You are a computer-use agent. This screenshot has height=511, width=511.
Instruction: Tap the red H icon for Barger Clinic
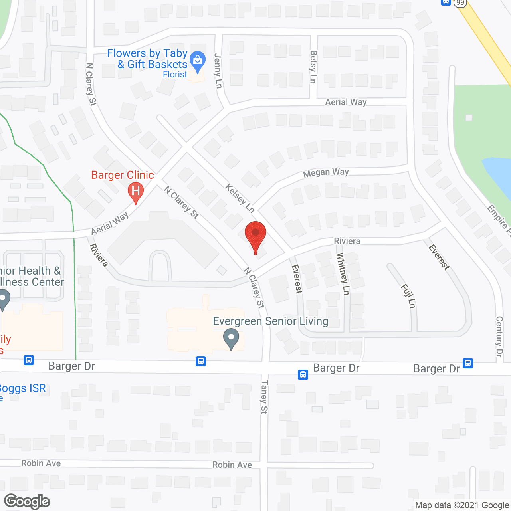coord(135,192)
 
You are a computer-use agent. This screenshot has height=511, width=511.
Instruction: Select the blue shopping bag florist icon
coord(197,61)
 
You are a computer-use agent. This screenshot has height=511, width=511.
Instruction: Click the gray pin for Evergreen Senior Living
coord(231,339)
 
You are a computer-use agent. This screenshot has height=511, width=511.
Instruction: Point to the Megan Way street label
coord(326,173)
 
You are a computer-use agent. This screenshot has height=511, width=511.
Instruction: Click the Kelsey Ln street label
coord(240,198)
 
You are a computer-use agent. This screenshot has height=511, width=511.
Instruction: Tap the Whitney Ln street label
coord(343,274)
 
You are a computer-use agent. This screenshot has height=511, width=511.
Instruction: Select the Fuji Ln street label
coord(408,296)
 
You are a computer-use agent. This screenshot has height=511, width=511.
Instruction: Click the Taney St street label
coord(264,397)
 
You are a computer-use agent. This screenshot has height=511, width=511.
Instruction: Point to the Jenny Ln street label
coord(218,71)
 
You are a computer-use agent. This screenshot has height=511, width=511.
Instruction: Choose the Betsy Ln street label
coord(313,67)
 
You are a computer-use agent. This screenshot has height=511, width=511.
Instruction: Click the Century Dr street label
coord(499,336)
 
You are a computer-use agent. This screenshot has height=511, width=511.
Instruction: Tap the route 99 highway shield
coord(460,2)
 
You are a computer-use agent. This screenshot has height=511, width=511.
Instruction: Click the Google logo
coord(27,501)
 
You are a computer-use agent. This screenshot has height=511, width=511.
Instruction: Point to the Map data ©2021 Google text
coord(462,505)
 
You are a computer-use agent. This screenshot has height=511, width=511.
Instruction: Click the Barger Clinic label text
coord(123,175)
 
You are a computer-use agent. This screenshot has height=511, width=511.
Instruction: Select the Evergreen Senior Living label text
coord(270,321)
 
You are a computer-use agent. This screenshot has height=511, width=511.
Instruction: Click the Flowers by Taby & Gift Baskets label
coord(147,59)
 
